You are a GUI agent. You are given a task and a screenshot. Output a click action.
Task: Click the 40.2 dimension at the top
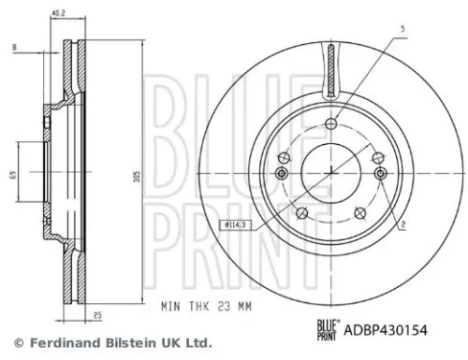pos(58,13)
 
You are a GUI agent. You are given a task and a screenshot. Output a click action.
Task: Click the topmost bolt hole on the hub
pos(332,126)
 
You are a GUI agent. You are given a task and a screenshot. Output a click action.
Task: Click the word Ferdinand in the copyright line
pos(58,342)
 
